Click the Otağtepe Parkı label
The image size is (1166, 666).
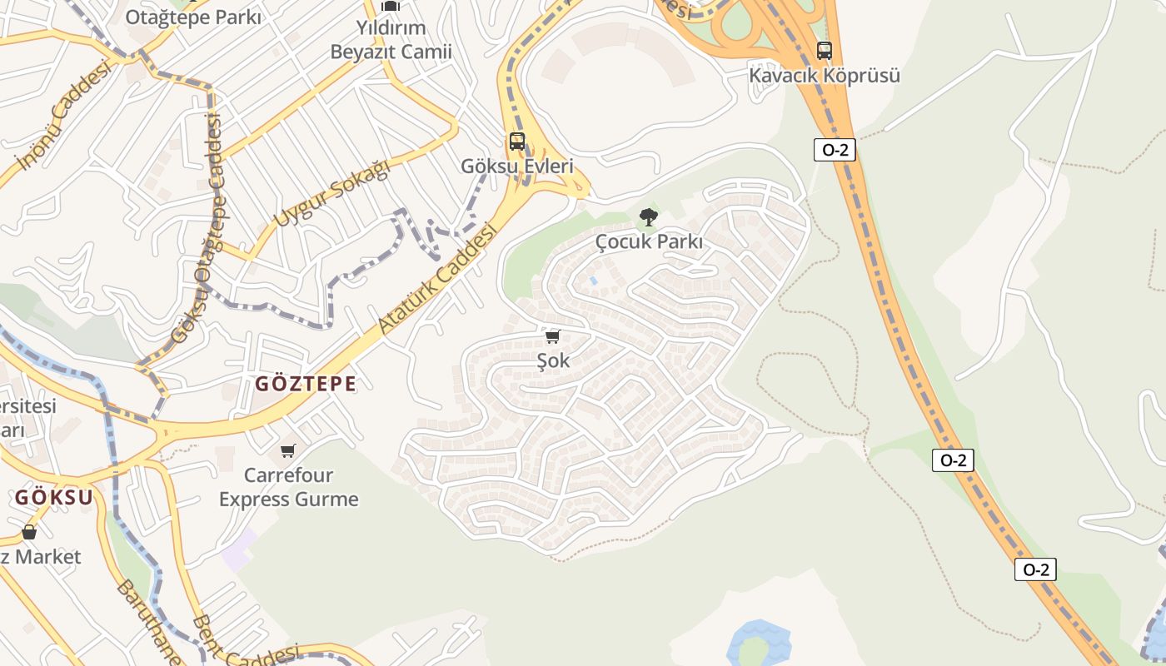(192, 17)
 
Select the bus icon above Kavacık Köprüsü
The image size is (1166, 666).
(824, 51)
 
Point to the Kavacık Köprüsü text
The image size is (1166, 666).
(824, 76)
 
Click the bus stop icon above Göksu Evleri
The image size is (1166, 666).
(517, 142)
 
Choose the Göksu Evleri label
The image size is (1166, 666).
(517, 166)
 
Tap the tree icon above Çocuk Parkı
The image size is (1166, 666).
(648, 218)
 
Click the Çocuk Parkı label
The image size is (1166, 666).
(649, 242)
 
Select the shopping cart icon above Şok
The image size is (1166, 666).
(552, 337)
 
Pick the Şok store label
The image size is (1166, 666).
(553, 361)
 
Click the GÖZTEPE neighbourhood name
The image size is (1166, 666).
(305, 384)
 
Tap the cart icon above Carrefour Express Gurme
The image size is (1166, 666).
(288, 451)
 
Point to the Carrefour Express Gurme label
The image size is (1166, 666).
(288, 487)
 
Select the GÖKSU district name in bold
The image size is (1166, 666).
(54, 498)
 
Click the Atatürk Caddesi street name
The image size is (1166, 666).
(437, 278)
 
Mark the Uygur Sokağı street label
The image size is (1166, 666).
(331, 194)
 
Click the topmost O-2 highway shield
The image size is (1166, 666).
(834, 150)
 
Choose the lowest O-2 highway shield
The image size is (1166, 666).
(1035, 569)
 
